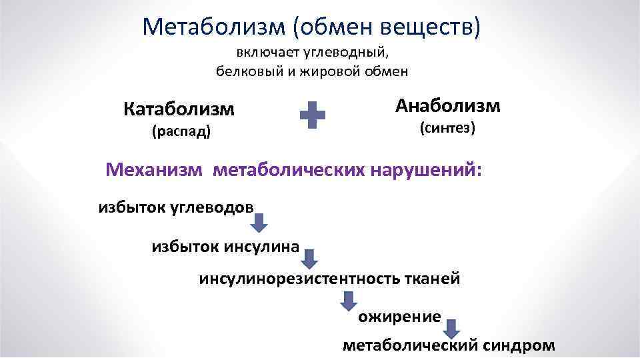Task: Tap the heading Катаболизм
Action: click(x=179, y=109)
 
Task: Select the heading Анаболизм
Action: click(x=447, y=105)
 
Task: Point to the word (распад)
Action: click(x=181, y=131)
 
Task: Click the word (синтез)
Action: click(x=447, y=128)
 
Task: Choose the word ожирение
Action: click(x=399, y=317)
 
